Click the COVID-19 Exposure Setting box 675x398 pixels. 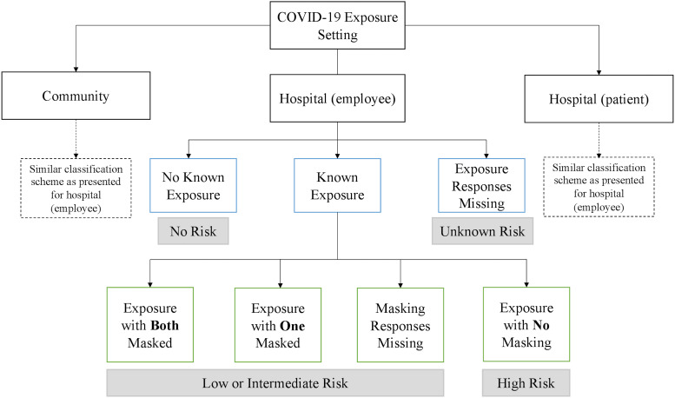337,25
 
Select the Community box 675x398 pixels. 76,96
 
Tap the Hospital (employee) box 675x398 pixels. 337,98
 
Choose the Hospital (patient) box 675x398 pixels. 599,99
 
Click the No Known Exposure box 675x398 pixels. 193,186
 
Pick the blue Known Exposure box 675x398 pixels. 337,186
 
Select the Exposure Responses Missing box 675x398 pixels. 482,186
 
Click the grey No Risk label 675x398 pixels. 193,231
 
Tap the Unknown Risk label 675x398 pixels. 482,231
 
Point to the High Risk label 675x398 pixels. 526,383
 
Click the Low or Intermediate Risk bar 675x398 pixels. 275,383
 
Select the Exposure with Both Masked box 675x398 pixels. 150,325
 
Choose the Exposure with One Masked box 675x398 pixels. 278,325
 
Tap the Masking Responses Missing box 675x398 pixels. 400,325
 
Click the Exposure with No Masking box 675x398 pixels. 526,324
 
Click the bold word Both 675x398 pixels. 165,325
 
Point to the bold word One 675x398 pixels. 292,326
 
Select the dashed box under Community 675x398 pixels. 76,189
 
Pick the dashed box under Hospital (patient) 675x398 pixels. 599,187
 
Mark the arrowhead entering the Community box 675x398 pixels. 76,70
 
